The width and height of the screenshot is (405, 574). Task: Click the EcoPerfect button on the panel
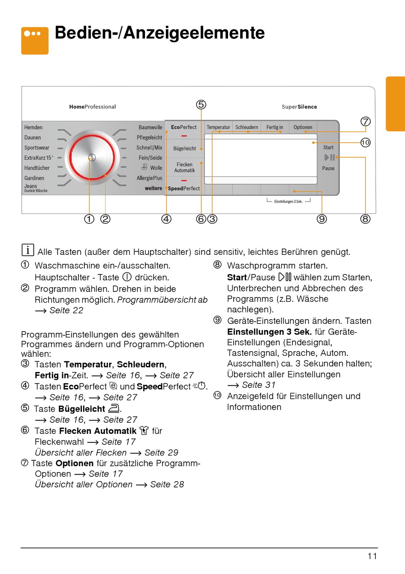pos(184,127)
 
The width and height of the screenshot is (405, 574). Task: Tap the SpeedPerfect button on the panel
pos(184,188)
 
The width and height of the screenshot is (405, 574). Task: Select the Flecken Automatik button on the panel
pos(185,167)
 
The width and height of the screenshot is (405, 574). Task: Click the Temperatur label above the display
pos(218,127)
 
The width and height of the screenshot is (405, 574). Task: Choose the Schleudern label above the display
pos(246,127)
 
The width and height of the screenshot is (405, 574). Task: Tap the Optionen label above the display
pos(303,127)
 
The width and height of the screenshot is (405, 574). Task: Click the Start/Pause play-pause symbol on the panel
pos(330,157)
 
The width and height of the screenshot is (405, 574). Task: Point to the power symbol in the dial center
pos(92,158)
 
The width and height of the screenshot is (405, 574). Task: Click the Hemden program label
pos(33,127)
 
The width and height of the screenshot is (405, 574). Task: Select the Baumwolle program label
pos(150,127)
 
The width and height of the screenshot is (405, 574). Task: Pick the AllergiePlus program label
pos(149,178)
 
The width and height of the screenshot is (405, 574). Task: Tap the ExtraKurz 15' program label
pos(39,158)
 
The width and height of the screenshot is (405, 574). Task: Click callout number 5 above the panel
pos(201,105)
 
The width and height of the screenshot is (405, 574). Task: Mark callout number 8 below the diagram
pos(365,219)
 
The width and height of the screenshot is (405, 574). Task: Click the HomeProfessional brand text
pos(93,107)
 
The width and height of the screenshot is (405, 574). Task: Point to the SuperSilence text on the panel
pos(299,107)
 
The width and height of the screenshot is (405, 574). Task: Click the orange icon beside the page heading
pos(35,40)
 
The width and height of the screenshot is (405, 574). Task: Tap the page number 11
pos(372,556)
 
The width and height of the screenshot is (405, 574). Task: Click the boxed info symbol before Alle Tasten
pos(27,250)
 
